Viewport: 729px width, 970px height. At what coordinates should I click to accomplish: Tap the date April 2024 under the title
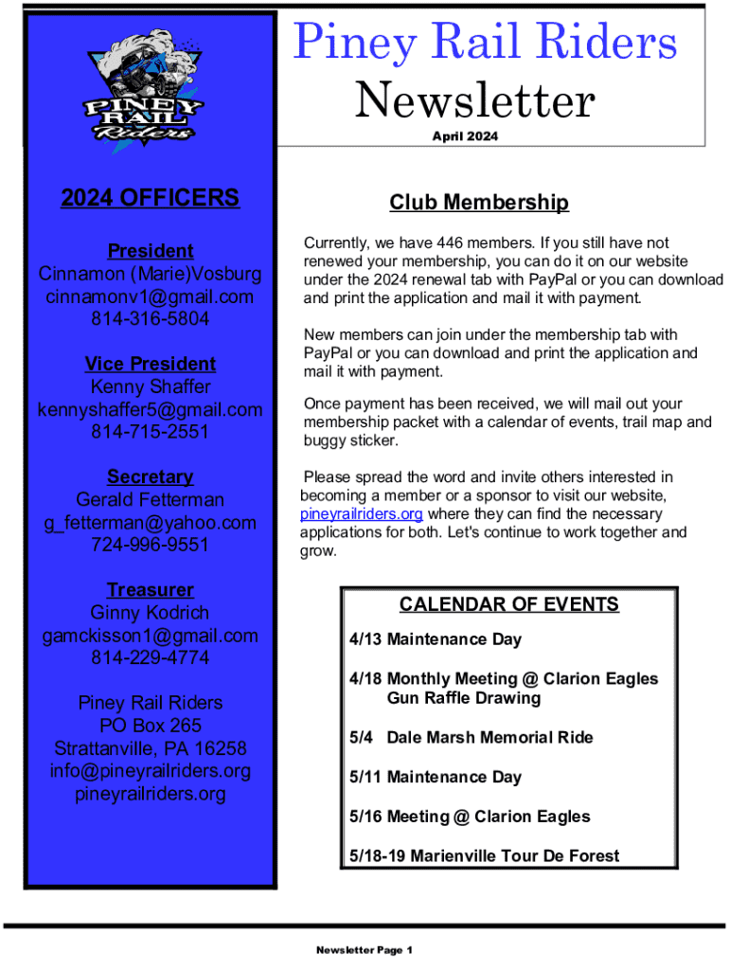click(464, 136)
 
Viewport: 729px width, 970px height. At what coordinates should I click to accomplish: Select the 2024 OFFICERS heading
click(151, 198)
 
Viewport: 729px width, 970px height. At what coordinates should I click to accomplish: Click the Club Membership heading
click(479, 203)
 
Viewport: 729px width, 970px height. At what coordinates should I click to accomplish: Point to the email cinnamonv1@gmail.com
click(151, 296)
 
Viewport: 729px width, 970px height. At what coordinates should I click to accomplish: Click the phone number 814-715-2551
click(151, 432)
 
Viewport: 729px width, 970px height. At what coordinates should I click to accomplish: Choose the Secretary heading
click(151, 476)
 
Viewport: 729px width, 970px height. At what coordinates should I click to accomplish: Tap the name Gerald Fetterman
click(151, 499)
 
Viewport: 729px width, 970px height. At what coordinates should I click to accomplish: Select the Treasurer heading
click(151, 590)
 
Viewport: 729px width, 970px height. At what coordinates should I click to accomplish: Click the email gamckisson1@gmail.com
click(151, 636)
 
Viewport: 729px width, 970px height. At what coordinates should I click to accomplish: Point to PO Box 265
click(151, 726)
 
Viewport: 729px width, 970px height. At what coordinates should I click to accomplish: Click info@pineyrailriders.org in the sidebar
click(151, 771)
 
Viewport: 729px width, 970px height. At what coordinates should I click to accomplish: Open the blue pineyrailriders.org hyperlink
click(361, 514)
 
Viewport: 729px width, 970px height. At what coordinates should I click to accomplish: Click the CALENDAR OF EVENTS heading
click(509, 604)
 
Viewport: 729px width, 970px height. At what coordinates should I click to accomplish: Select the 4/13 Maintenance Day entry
click(435, 639)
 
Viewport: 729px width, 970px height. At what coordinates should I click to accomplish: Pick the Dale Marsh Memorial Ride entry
click(471, 737)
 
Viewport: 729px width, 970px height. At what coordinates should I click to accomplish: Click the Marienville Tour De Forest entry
click(484, 855)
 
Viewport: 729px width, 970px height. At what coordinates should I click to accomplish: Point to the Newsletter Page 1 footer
click(364, 950)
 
